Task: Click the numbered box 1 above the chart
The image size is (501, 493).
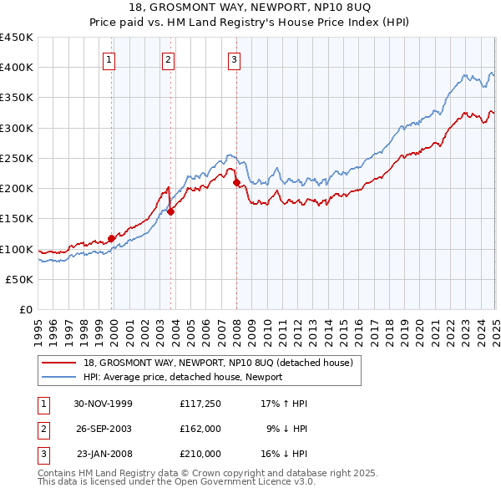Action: point(110,58)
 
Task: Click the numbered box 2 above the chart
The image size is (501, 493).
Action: point(168,58)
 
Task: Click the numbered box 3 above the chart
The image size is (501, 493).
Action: point(234,58)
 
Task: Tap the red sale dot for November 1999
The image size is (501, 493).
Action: point(112,238)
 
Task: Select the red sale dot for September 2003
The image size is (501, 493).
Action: point(170,211)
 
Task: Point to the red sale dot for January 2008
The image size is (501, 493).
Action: point(236,182)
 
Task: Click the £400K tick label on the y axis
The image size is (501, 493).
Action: point(17,68)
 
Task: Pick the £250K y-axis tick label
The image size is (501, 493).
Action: point(17,158)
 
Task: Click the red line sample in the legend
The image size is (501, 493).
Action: point(58,363)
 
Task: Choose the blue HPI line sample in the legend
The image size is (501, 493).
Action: point(58,377)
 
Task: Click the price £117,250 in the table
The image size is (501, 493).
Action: point(200,404)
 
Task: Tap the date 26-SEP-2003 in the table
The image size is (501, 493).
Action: point(104,429)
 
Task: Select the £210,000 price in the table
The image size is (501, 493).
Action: point(200,454)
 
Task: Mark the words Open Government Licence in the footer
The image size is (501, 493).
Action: point(233,481)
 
